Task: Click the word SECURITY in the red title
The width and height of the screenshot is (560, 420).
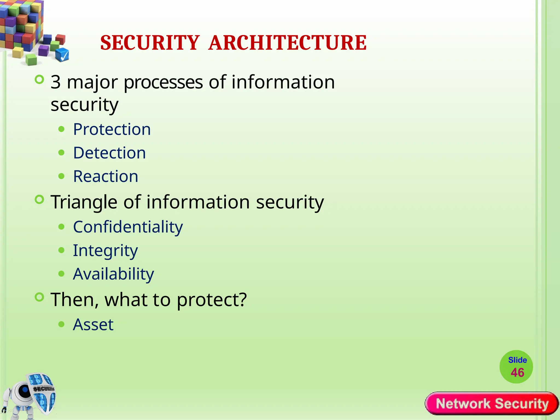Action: point(150,43)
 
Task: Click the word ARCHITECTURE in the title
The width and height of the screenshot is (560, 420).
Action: point(287,43)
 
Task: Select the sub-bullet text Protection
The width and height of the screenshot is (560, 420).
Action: point(112,129)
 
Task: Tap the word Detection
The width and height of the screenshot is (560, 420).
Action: point(109,153)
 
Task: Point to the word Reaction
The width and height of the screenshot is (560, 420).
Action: point(106,176)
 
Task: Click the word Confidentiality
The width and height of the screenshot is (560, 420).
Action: point(128,227)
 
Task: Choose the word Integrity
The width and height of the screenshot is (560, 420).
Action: point(105,251)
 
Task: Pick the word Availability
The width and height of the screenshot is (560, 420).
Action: point(113,274)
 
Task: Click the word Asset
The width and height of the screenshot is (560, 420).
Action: point(93,325)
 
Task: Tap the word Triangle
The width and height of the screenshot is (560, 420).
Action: point(84,202)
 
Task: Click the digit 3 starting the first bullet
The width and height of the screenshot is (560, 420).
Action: point(56,82)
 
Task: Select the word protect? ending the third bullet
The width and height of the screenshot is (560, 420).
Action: point(212,300)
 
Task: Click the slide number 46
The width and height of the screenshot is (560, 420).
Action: point(517,373)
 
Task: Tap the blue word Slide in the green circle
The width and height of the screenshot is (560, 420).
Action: point(517,360)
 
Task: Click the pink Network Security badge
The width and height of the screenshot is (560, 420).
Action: point(492,404)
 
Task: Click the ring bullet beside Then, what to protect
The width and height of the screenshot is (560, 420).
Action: point(40,297)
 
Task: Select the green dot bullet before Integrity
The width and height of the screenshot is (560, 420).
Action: point(62,250)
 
